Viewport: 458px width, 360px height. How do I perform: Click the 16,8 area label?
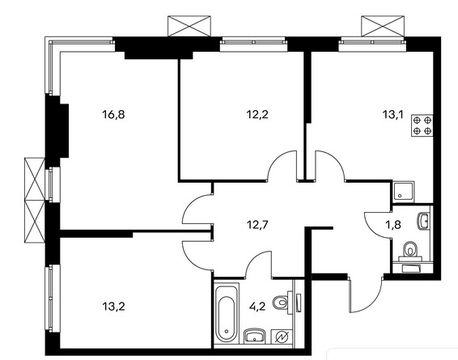tap(113, 114)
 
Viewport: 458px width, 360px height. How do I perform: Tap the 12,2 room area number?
tap(257, 114)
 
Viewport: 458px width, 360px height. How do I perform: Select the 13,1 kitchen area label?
tap(393, 114)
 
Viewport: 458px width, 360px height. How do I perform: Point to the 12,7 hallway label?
tap(257, 225)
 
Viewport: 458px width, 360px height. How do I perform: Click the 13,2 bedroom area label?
tap(113, 307)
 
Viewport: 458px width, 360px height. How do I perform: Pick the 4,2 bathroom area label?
tap(257, 307)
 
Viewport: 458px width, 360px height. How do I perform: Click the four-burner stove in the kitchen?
tap(422, 125)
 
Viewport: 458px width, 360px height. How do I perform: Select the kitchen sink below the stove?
tap(403, 192)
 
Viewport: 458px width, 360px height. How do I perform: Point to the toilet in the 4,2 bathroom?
tap(282, 303)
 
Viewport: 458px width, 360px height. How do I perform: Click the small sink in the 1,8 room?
tap(422, 222)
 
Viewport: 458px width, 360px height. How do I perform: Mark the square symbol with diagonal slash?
tap(282, 337)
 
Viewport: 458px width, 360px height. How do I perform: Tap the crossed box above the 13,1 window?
tap(383, 26)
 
